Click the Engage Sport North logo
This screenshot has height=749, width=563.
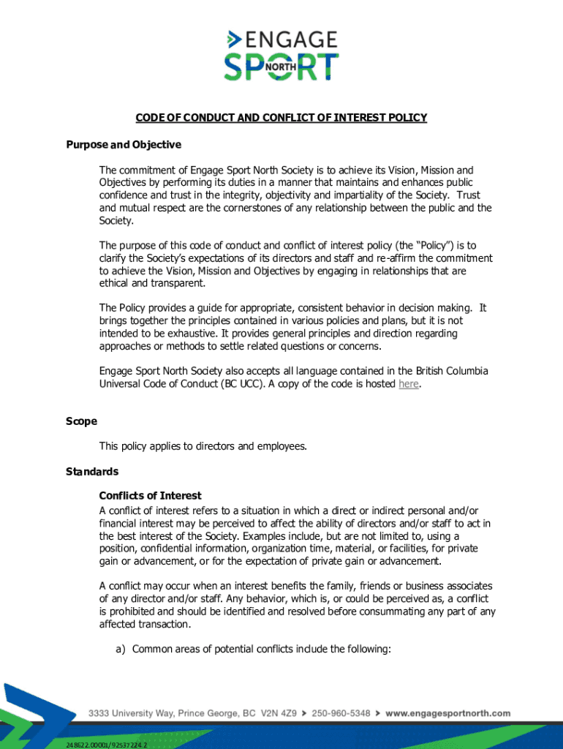(281, 55)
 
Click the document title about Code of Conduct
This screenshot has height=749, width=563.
(281, 118)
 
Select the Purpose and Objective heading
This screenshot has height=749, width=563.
(119, 144)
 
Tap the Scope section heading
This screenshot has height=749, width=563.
(77, 422)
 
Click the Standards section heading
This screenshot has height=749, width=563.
(88, 472)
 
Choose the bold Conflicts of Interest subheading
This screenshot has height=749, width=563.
(150, 496)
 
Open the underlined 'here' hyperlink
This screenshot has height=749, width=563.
(408, 385)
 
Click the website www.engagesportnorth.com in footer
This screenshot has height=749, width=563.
(447, 712)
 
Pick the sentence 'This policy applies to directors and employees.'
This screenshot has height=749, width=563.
(203, 446)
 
